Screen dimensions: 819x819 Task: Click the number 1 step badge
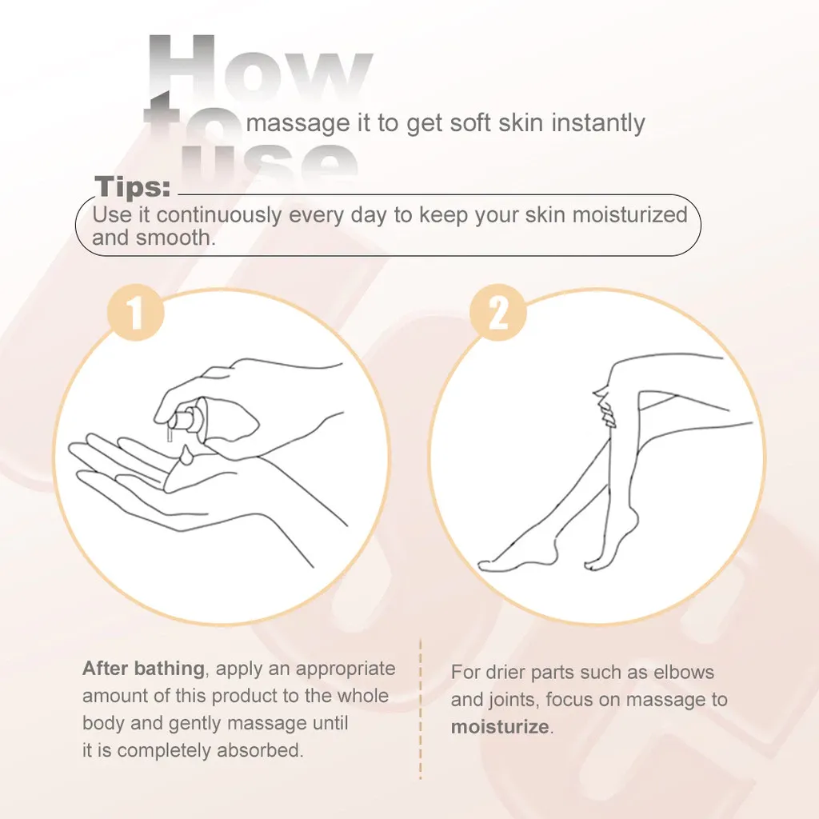pos(135,313)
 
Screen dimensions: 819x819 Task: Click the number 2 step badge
pos(497,313)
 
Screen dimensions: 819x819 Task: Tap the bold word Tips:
pos(133,186)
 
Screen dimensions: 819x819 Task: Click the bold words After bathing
pos(143,669)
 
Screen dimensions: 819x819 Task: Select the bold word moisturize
pos(500,726)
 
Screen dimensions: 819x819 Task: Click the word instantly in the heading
pos(598,123)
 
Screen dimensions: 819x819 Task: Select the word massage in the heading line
pos(298,124)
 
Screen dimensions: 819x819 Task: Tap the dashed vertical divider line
pos(421,709)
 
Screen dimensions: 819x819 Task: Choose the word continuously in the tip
pos(219,214)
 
